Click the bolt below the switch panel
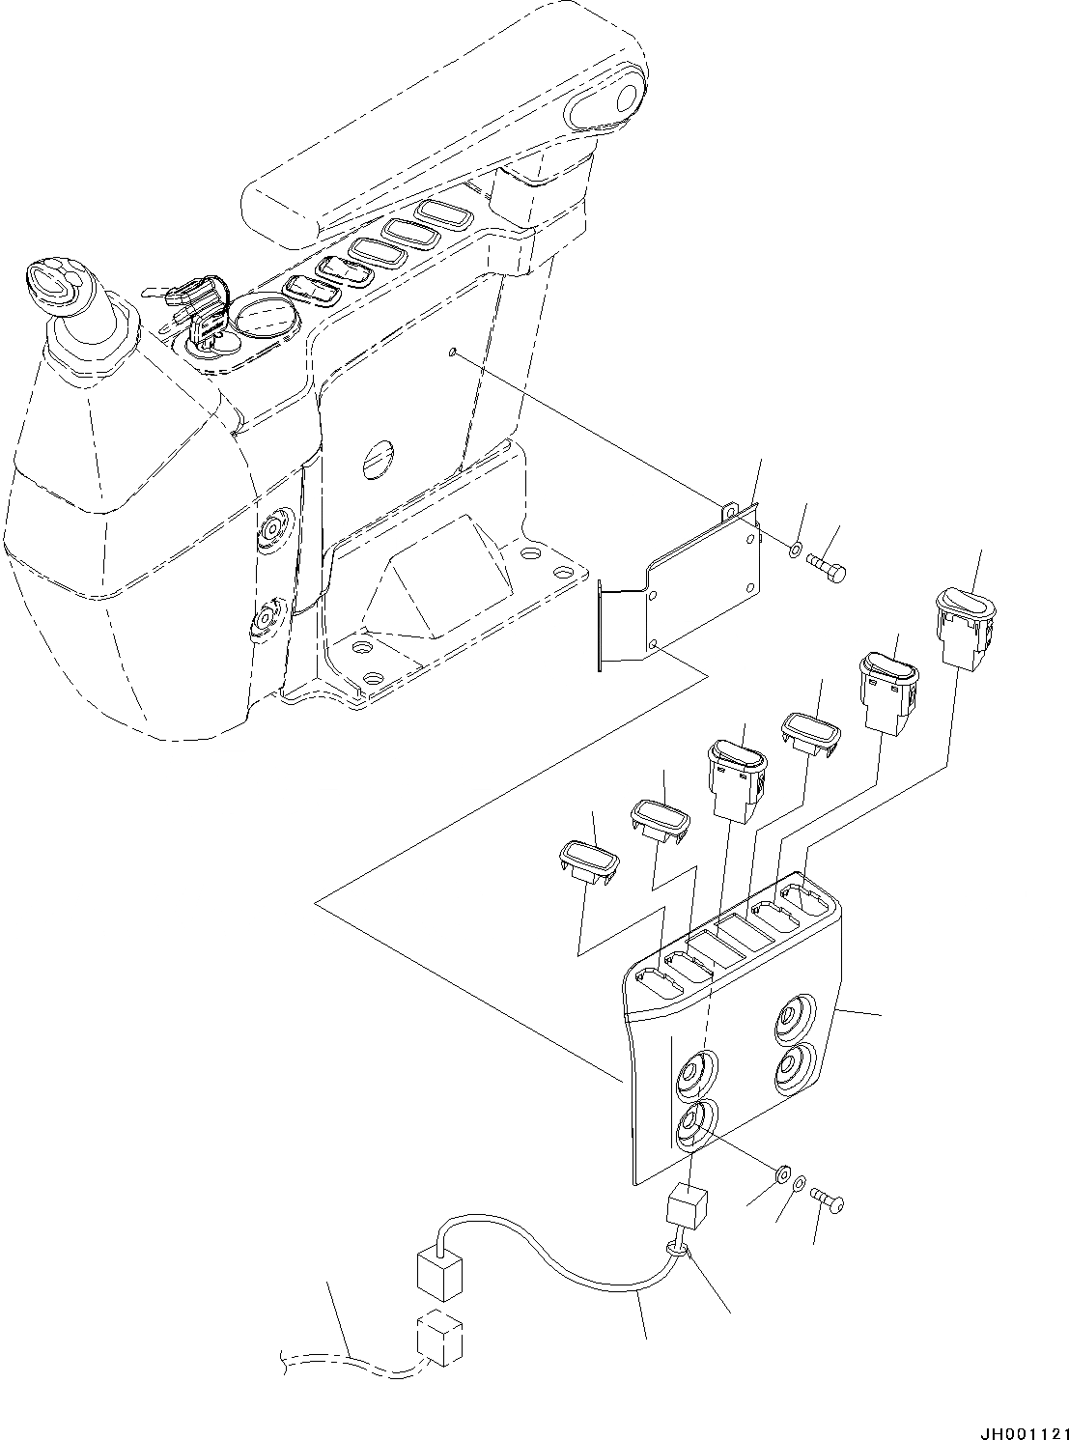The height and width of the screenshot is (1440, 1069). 827,1202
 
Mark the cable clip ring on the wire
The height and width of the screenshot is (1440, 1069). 677,1254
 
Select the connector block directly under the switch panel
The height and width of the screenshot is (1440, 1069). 686,1206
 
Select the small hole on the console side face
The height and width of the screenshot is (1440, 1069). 452,353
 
